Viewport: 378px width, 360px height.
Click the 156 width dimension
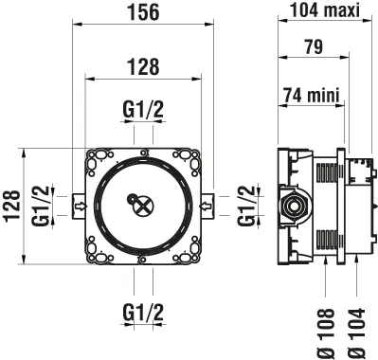click(144, 11)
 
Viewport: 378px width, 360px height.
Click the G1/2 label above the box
click(143, 110)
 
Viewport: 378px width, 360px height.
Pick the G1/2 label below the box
click(143, 311)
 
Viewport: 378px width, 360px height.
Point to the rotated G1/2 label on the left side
click(40, 205)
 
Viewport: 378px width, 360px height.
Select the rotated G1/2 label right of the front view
click(246, 205)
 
